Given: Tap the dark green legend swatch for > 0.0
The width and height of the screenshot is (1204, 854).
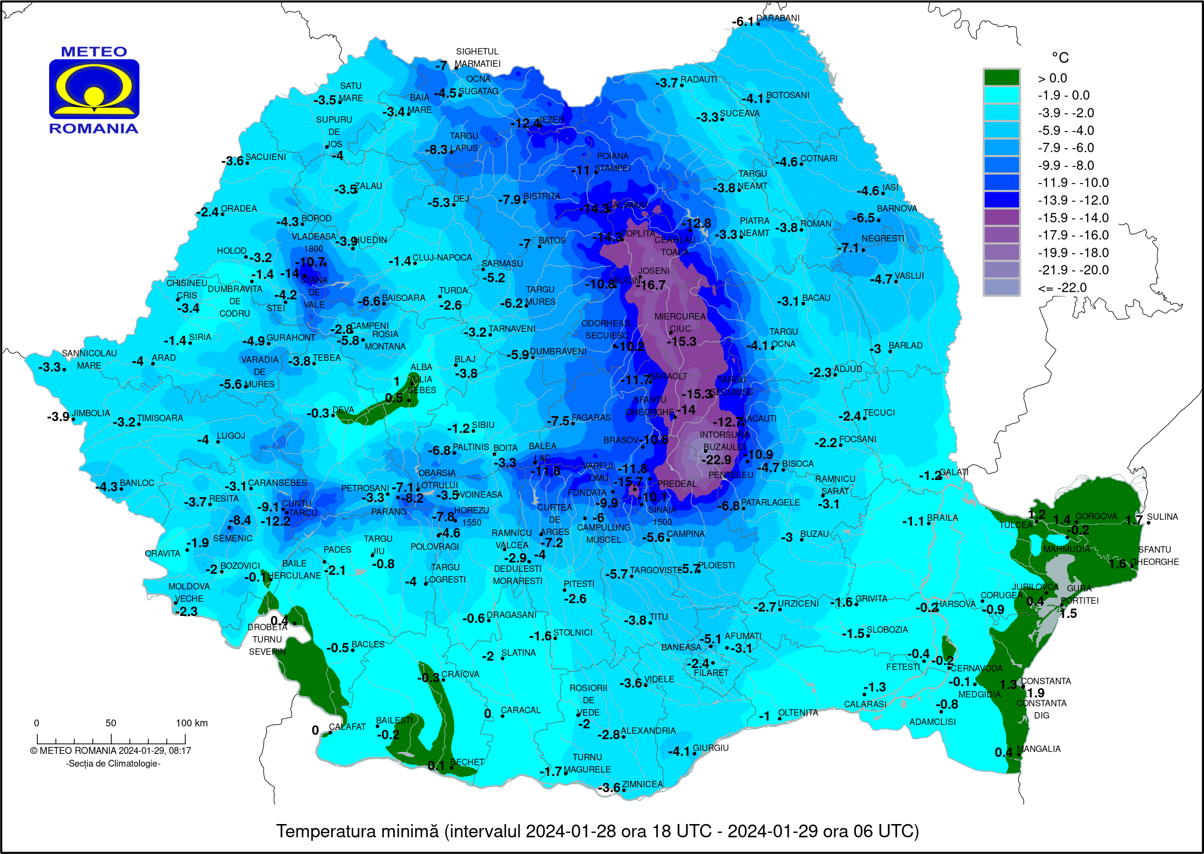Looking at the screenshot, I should point(1001,78).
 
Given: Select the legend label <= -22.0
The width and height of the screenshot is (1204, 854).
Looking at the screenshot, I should point(1062,288).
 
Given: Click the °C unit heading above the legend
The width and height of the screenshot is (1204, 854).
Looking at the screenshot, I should point(1059,57).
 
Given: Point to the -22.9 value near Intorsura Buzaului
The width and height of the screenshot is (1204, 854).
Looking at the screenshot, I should point(716,459).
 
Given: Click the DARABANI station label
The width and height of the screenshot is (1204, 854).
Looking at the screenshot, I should point(777,18).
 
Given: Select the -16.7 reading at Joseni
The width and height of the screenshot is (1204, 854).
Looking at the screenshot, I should point(651,285).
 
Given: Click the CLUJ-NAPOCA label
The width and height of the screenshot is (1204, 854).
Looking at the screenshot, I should point(442,258).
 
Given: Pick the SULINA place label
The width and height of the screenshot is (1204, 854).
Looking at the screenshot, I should point(1162,517).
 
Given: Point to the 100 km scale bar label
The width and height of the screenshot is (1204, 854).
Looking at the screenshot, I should point(192,723).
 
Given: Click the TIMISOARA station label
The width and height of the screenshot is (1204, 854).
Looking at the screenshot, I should point(160,418).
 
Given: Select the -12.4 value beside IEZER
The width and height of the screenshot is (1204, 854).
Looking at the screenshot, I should point(525,124).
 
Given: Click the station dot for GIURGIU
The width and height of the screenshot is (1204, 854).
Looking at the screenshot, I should point(694,753).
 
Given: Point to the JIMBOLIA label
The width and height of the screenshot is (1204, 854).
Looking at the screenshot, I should point(91,413).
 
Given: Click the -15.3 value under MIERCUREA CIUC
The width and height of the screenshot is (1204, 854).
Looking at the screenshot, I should point(681,342).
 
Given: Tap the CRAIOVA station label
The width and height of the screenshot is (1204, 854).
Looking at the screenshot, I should point(460,674).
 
